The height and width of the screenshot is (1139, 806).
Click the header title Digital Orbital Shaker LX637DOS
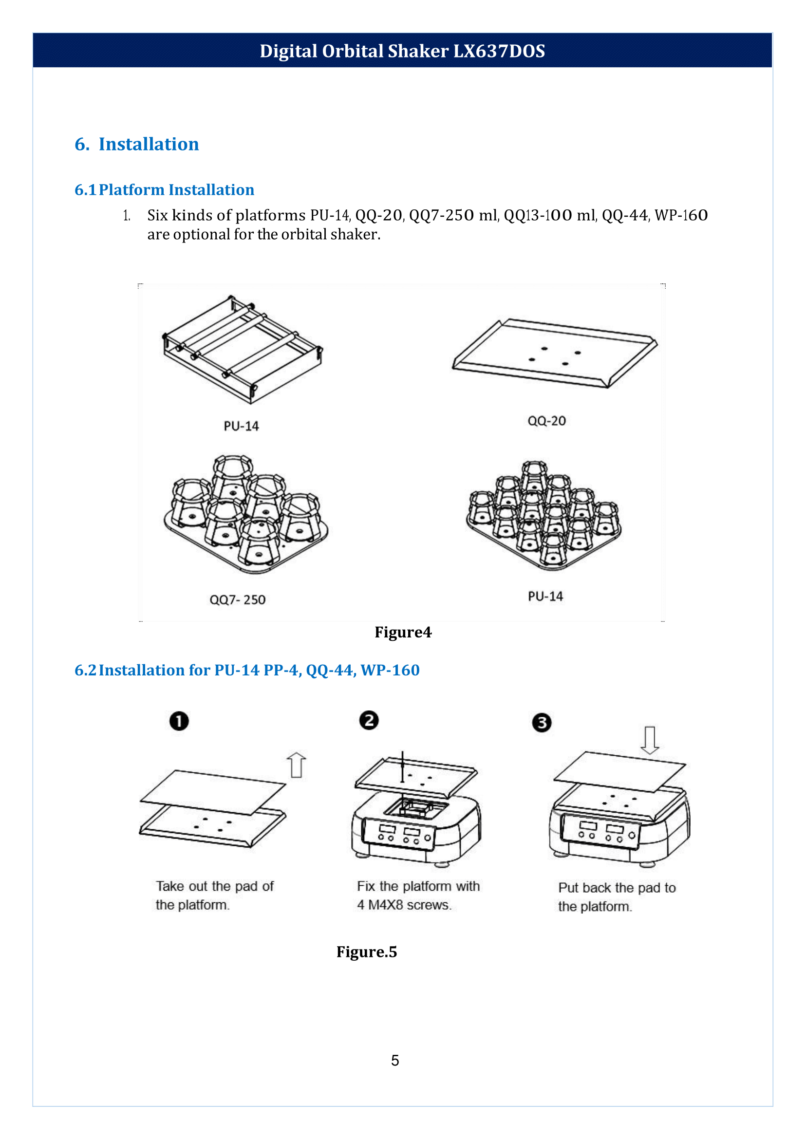click(x=402, y=51)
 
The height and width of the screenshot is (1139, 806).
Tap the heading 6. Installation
click(x=136, y=144)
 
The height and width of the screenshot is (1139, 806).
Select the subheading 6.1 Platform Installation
click(x=164, y=189)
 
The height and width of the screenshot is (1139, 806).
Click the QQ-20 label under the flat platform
click(x=546, y=421)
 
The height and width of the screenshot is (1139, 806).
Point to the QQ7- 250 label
click(x=237, y=599)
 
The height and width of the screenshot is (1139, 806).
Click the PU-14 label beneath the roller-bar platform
click(x=241, y=426)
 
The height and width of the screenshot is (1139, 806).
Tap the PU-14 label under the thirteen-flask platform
click(x=545, y=596)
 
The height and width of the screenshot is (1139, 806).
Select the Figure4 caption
click(x=403, y=632)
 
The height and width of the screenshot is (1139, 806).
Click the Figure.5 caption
click(x=367, y=952)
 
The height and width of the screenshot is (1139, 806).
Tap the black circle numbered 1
click(x=179, y=721)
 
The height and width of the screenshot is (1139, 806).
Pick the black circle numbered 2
click(x=369, y=720)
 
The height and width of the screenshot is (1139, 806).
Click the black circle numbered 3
click(x=542, y=723)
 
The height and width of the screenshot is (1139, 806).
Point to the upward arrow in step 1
click(x=296, y=766)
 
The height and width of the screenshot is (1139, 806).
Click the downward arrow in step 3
click(x=650, y=740)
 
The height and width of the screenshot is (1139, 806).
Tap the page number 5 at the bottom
click(x=395, y=1061)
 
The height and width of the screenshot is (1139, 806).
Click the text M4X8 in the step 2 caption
click(x=386, y=905)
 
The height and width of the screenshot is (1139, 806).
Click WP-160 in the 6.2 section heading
click(x=390, y=670)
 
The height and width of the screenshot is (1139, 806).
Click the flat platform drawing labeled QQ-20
click(x=555, y=354)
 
